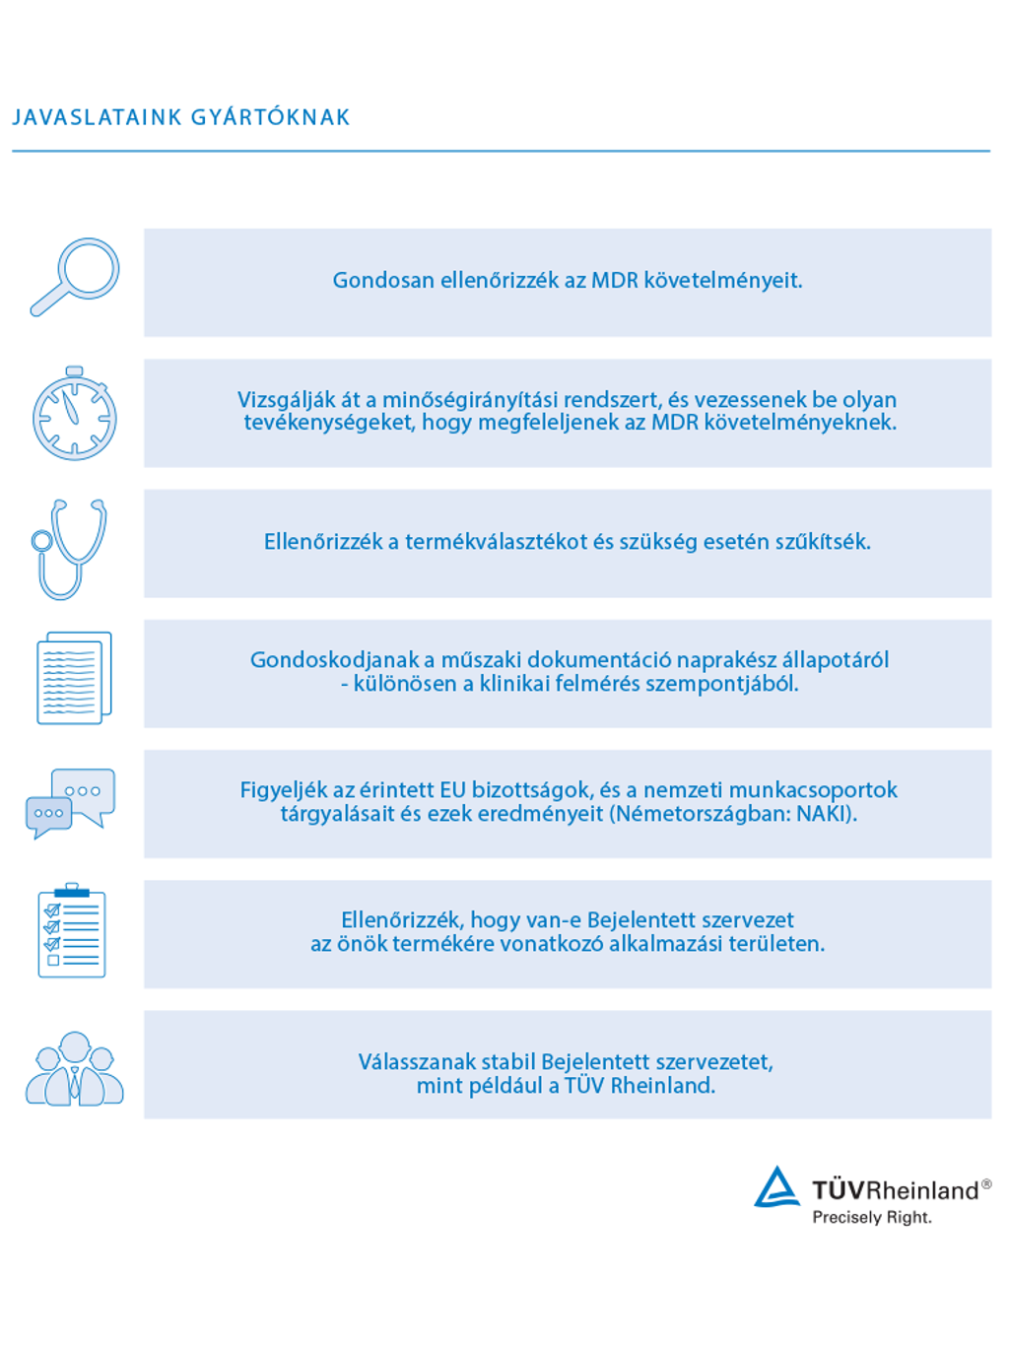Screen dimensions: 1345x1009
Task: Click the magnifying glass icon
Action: coord(75,277)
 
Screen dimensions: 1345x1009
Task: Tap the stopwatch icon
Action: coord(74,414)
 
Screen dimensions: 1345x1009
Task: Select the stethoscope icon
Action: coord(69,548)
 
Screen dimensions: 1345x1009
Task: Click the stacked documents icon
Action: coord(74,677)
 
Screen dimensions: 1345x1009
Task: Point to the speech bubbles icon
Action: coord(71,802)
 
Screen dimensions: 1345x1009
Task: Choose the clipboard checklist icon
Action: coord(71,931)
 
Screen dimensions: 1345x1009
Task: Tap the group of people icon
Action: coord(75,1069)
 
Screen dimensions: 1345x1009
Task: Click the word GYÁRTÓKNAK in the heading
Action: coord(270,117)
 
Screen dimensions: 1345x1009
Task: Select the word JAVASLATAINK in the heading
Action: coord(97,117)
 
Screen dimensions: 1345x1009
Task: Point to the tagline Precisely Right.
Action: coord(871,1218)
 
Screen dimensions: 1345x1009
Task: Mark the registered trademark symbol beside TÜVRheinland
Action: coord(986,1184)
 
